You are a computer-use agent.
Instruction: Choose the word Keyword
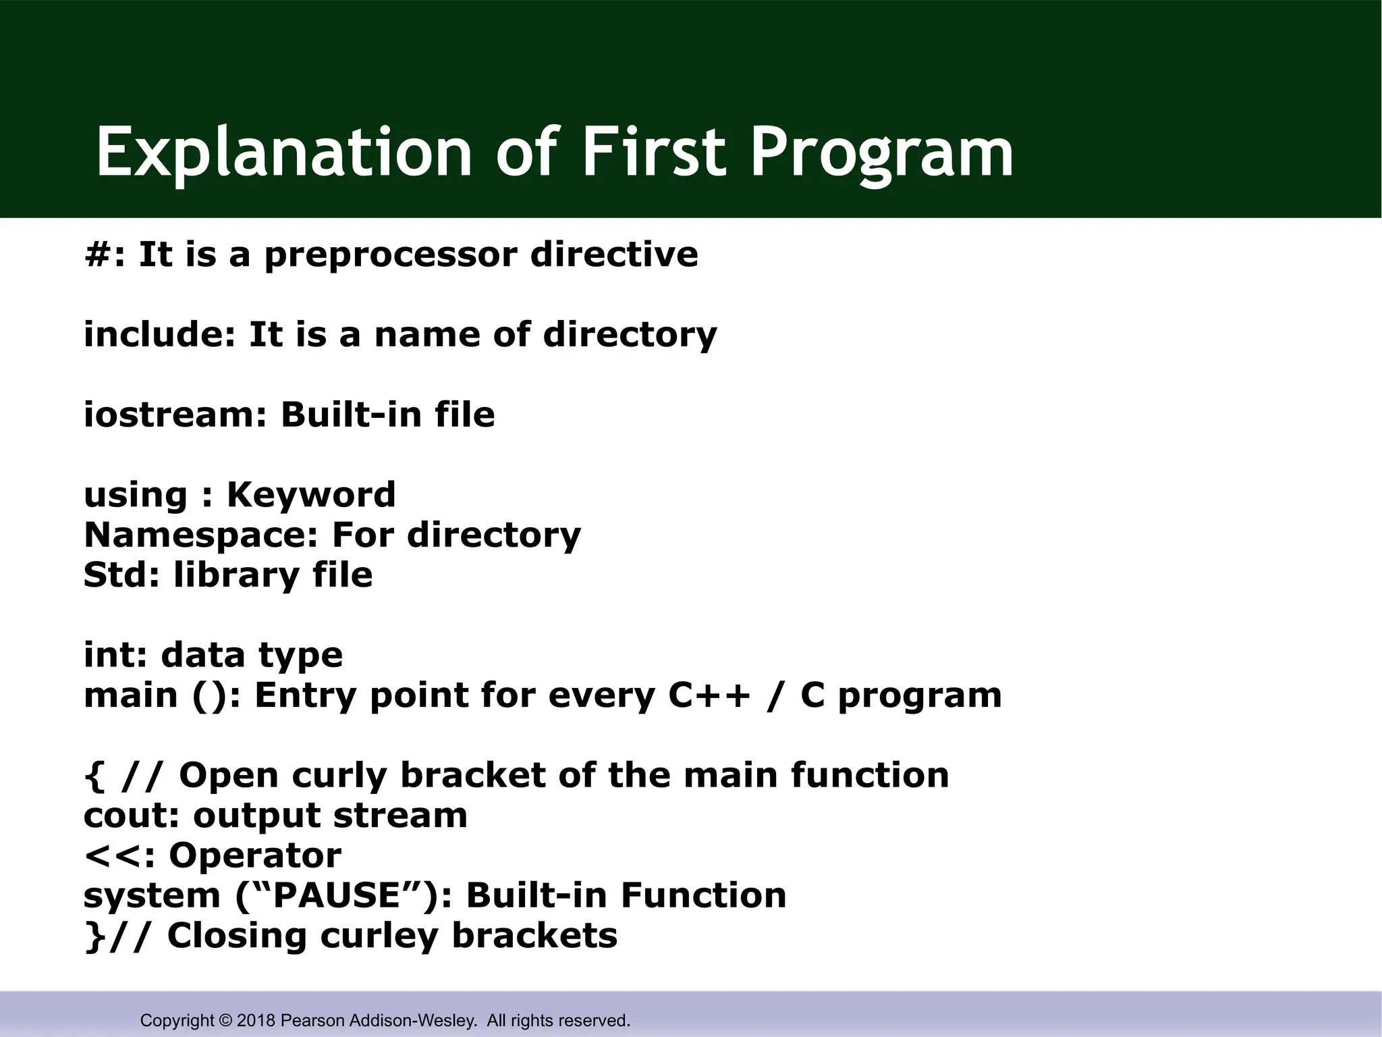[x=311, y=495]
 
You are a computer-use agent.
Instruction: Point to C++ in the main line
[x=709, y=695]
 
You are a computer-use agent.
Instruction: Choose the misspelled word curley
[x=379, y=936]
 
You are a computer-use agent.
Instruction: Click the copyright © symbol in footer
[x=225, y=1020]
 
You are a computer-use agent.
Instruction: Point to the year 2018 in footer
[x=256, y=1020]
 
